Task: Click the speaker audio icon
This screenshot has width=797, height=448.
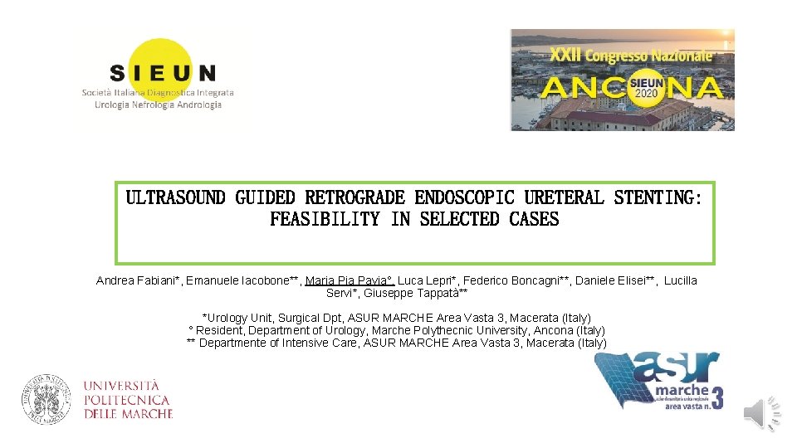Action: (760, 413)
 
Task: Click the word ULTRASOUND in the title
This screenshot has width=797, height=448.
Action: (175, 198)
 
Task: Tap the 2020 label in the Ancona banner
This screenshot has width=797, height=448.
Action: (646, 93)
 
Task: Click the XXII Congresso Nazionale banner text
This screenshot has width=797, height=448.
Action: (630, 55)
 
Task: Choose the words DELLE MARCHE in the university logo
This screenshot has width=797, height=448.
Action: (128, 413)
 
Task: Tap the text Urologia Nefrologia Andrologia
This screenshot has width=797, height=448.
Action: (158, 105)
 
